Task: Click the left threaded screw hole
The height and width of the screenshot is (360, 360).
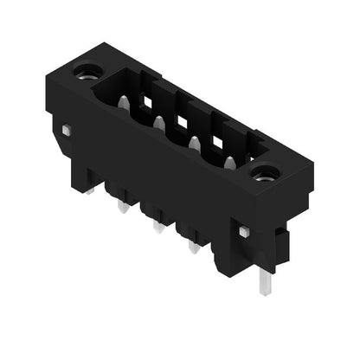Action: click(x=87, y=71)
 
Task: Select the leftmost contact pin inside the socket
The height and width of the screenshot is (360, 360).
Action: click(x=124, y=103)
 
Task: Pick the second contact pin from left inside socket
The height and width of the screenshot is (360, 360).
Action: click(x=159, y=125)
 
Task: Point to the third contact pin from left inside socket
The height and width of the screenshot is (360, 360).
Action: click(x=195, y=143)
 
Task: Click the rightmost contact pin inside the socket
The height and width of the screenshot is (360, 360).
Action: click(x=229, y=162)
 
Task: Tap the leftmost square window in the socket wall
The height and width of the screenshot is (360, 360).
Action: click(x=148, y=101)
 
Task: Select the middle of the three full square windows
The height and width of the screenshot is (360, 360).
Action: click(x=183, y=119)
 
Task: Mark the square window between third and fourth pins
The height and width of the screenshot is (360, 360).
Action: click(x=217, y=138)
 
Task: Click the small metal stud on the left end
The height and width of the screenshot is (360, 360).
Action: click(x=66, y=130)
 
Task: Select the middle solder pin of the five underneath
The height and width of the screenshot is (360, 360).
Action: click(x=157, y=226)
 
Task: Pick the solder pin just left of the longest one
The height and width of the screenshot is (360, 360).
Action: click(x=193, y=247)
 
